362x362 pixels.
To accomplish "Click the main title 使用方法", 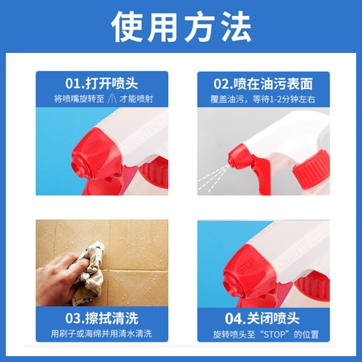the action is click(181, 27).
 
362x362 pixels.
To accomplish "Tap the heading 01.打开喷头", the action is click(101, 83).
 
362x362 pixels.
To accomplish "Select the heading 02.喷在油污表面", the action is click(263, 84).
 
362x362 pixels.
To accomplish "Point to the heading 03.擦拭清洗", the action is click(102, 318).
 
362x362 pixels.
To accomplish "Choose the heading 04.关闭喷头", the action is click(262, 319).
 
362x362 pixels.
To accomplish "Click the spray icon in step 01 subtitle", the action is click(111, 98).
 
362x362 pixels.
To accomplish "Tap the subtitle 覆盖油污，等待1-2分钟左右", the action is click(263, 99).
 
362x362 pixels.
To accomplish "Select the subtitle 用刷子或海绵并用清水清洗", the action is click(101, 334).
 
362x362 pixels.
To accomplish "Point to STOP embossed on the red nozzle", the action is click(245, 266).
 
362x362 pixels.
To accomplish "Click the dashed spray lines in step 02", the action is click(213, 177).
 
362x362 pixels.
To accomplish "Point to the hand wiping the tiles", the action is click(59, 279).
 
